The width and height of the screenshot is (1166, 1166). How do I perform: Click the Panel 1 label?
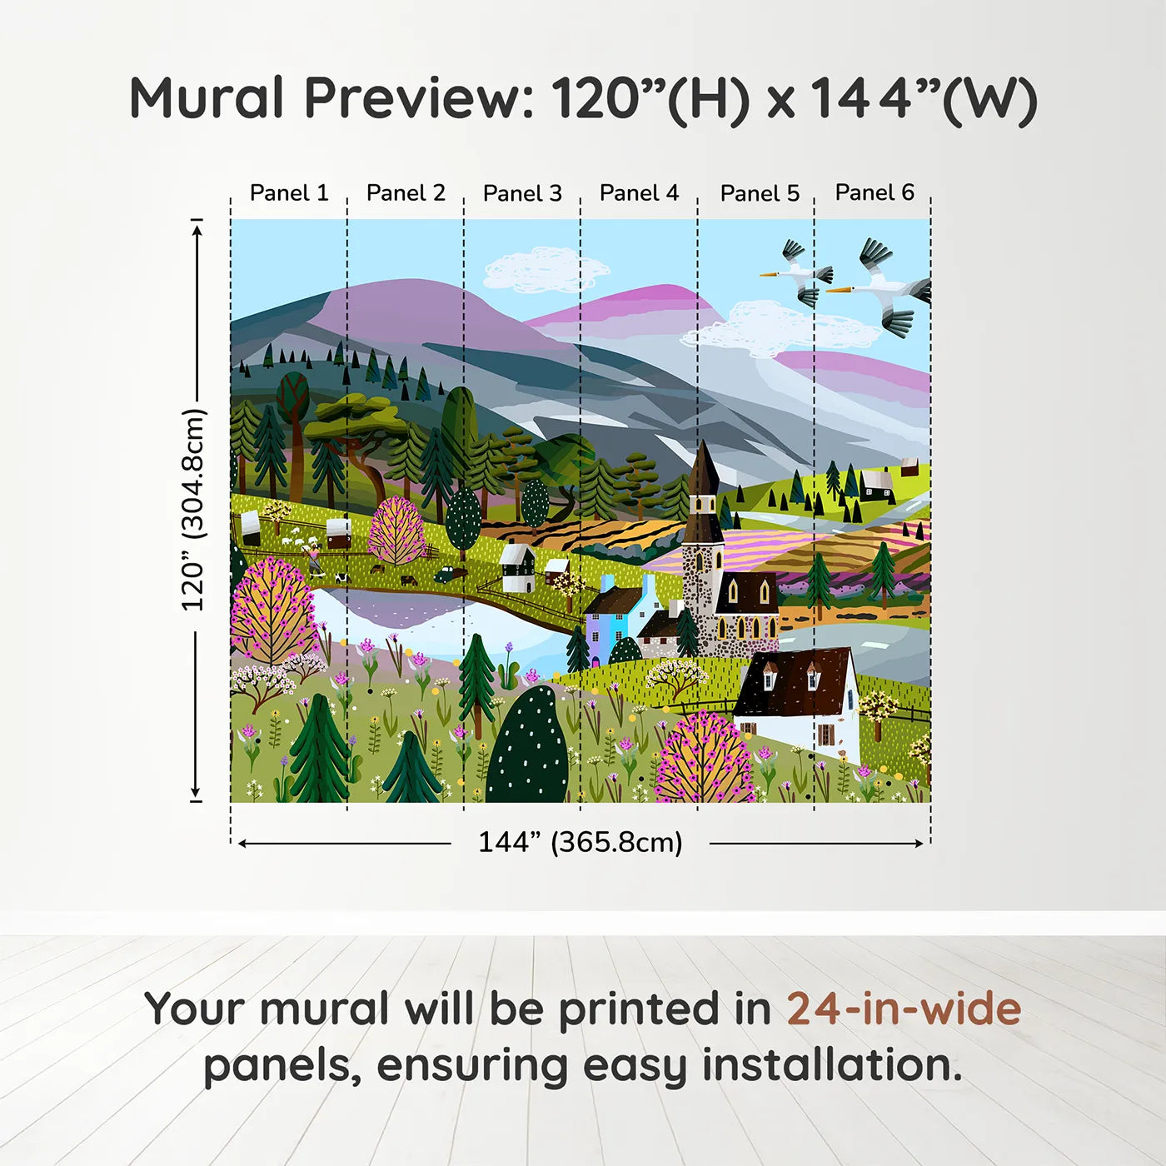click(289, 193)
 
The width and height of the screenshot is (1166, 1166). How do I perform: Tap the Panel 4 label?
click(639, 193)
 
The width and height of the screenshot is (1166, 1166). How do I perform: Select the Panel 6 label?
click(874, 192)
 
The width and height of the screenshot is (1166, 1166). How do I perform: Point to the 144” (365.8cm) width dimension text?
click(580, 842)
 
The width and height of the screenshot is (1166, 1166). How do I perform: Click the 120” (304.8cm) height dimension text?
click(193, 510)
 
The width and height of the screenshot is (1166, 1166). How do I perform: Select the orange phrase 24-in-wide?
click(904, 1009)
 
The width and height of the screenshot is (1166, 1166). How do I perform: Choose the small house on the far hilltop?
click(875, 483)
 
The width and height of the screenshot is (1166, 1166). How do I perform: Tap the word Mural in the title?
click(207, 98)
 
